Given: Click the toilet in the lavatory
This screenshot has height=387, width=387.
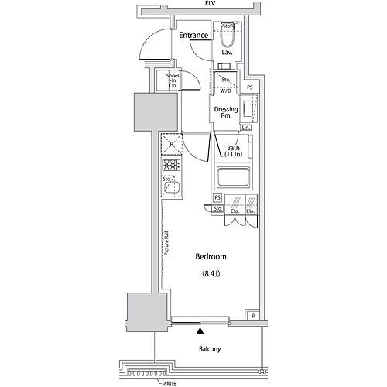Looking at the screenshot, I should click(x=228, y=36).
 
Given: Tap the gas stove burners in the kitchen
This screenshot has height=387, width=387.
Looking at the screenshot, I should click(x=170, y=166).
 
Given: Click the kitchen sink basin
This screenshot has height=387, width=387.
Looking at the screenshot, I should click(x=172, y=187).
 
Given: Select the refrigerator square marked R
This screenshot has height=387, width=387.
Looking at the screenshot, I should click(x=170, y=145).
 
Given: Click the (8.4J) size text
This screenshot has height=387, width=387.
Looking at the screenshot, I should click(x=211, y=273).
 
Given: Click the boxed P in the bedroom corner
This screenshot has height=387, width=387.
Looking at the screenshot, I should click(x=254, y=316).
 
